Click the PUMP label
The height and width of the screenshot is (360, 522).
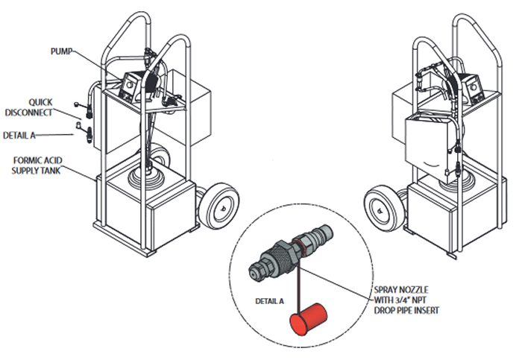click(x=62, y=53)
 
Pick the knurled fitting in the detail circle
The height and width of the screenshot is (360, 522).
click(x=280, y=259)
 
